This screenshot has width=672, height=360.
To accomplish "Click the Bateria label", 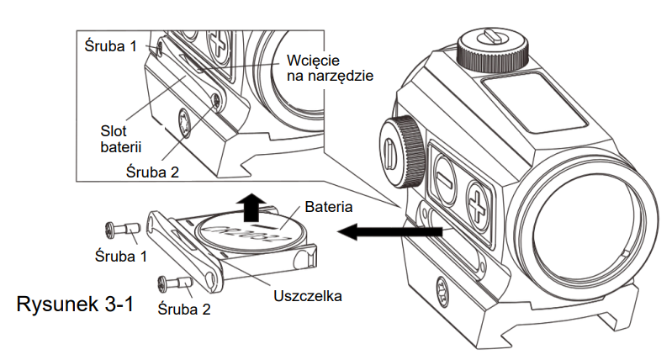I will [329, 206].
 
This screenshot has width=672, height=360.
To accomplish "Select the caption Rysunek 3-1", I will [75, 304].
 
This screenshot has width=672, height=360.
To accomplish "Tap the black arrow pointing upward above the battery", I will [251, 204].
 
